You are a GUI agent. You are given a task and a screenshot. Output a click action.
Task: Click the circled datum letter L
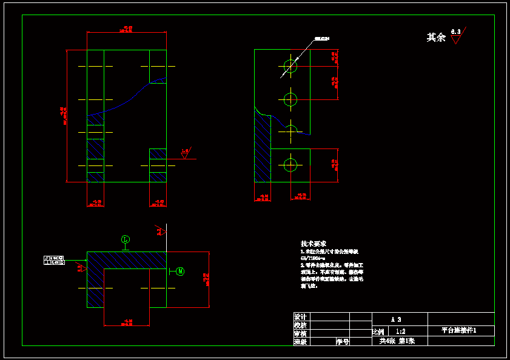point(126,239)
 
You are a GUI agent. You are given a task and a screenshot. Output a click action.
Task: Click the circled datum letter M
point(180,272)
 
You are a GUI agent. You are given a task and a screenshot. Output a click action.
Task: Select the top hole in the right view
point(291,66)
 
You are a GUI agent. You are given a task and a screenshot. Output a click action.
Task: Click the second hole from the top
point(291,99)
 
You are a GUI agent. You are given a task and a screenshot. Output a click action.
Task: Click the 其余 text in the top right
point(436,38)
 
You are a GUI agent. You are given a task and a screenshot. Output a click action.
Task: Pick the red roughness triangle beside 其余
point(456,39)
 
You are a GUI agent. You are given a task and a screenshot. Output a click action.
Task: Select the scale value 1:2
point(400,332)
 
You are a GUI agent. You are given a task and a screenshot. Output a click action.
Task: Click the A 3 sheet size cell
point(395,319)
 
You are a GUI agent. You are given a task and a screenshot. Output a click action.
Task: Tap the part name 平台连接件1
point(459,331)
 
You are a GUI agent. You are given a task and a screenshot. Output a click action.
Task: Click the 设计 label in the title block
point(300,317)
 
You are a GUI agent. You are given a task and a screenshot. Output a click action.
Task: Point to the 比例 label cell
point(378,332)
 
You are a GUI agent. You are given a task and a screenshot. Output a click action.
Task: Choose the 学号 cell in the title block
point(343,342)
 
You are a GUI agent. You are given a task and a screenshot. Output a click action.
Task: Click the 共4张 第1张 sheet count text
point(397,341)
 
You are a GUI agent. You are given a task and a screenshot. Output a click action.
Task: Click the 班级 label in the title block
point(300,342)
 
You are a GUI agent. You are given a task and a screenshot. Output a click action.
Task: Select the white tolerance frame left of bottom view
point(55,261)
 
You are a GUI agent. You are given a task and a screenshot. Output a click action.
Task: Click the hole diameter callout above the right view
point(321,40)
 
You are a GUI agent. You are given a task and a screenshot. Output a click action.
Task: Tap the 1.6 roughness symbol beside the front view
point(185,153)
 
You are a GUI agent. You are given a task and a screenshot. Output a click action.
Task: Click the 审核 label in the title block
point(300,333)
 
